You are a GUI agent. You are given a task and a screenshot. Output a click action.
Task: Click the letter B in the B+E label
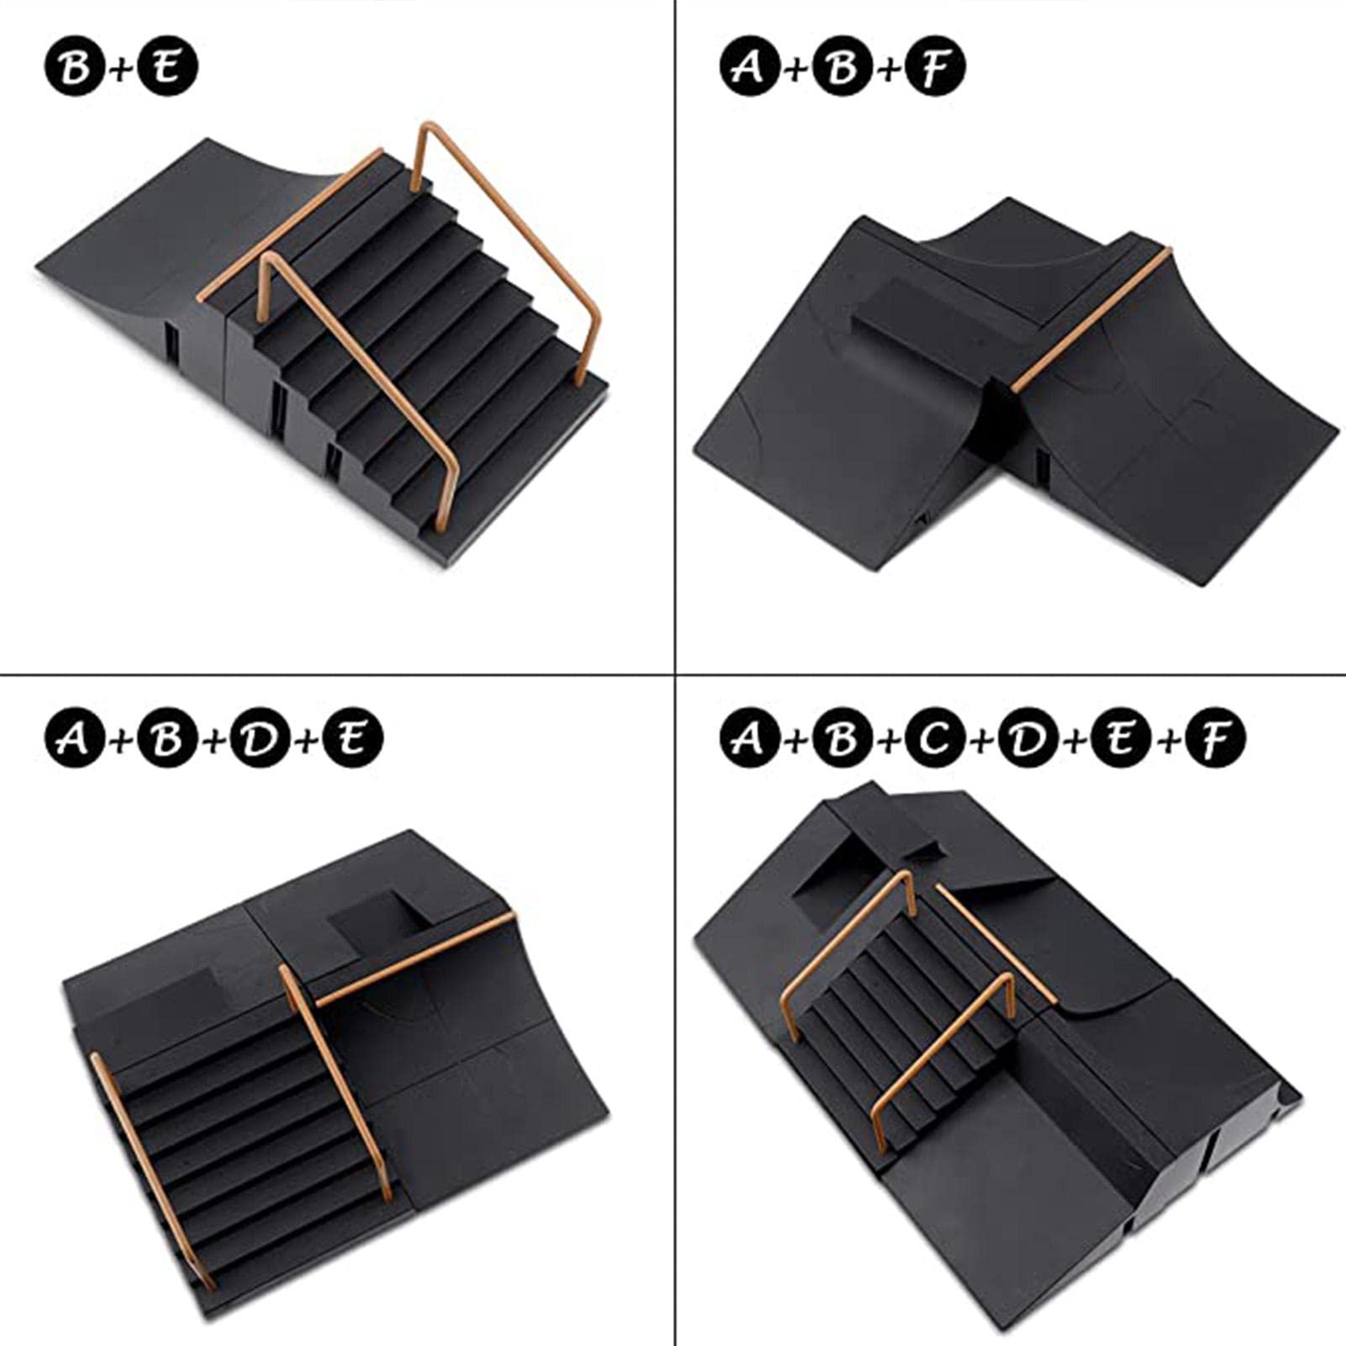click(x=75, y=67)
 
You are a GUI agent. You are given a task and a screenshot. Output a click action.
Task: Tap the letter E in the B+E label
click(x=167, y=67)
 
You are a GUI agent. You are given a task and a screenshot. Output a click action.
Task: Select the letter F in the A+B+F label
click(x=935, y=67)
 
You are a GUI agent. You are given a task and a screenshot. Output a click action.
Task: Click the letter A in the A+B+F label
click(x=750, y=67)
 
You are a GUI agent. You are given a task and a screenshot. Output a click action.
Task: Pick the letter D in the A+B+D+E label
click(x=260, y=738)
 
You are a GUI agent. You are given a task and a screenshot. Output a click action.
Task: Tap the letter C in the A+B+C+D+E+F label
click(x=935, y=738)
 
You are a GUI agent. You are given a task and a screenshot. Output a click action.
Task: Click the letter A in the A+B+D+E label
click(x=75, y=738)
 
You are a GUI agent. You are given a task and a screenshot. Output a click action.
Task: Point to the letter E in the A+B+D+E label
click(x=352, y=738)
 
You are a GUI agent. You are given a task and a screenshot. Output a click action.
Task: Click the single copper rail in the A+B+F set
click(x=1090, y=319)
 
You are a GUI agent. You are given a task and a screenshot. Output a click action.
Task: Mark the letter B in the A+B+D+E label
click(x=167, y=738)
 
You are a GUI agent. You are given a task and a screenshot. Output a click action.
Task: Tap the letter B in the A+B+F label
click(x=842, y=67)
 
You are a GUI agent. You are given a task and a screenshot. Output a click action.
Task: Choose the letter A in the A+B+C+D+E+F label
click(x=750, y=738)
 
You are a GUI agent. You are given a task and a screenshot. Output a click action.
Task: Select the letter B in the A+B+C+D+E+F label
click(x=842, y=738)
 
